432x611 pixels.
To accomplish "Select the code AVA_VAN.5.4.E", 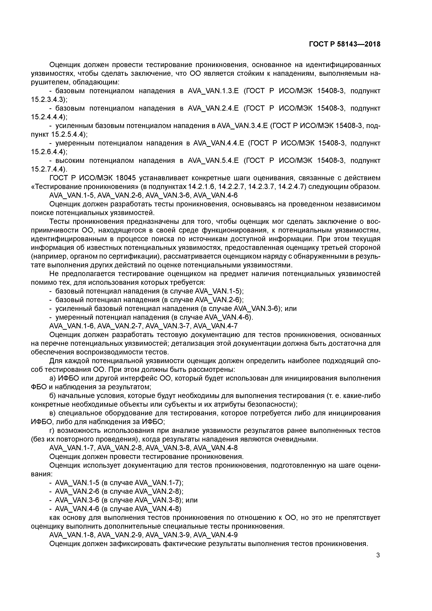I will click(x=213, y=160).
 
